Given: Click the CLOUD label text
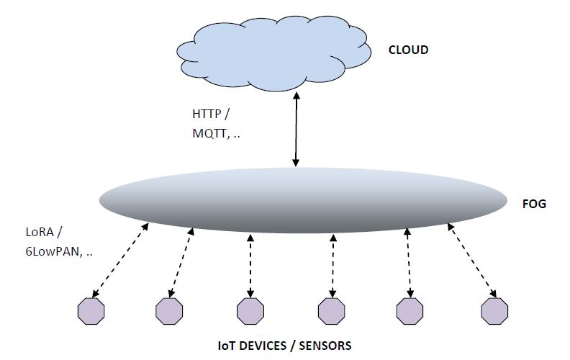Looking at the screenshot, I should (408, 50).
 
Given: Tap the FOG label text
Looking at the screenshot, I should (534, 204).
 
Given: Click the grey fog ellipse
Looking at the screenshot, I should (302, 199).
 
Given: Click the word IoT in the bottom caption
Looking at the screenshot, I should (226, 346).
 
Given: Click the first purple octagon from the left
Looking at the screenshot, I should (91, 311).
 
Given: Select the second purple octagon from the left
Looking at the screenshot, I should (169, 311).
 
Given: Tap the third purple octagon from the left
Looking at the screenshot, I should (250, 311).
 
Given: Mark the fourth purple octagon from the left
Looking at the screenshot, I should (332, 311).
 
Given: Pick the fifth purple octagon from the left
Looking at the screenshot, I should (410, 311).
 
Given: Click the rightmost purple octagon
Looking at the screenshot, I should (494, 311).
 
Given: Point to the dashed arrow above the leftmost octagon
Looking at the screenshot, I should (120, 261).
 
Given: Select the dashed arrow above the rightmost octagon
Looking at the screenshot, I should (472, 261).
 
